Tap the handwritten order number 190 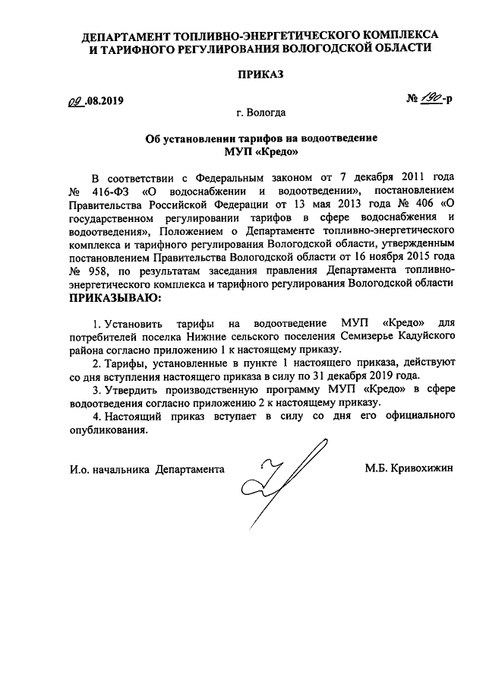tap(431, 100)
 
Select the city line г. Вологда tap(260, 113)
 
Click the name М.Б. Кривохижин tap(408, 469)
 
